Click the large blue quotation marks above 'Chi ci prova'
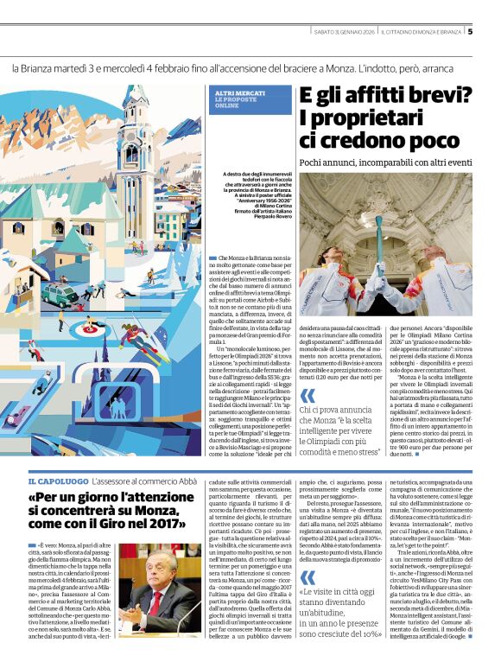[308, 396]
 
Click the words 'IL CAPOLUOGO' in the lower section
[58, 481]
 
